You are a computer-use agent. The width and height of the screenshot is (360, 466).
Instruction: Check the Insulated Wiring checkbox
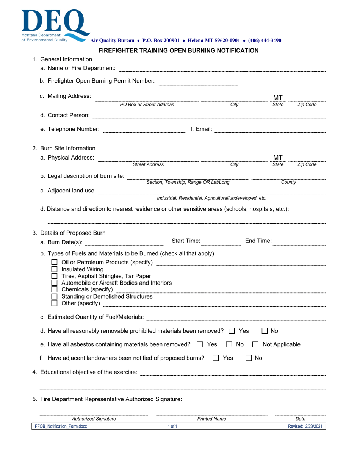coord(55,269)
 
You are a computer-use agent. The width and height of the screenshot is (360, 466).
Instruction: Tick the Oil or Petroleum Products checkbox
coord(55,263)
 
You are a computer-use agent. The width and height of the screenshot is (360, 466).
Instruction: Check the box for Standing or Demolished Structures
coord(55,297)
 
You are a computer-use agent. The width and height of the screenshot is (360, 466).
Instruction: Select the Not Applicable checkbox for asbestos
coord(256,345)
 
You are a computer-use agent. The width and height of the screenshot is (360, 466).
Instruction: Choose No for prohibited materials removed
coord(265,331)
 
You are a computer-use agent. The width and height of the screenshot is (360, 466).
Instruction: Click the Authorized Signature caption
coord(94,419)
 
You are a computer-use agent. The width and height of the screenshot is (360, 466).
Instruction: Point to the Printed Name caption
coord(211,419)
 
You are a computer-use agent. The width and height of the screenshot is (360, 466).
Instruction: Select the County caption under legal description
coord(288,183)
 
